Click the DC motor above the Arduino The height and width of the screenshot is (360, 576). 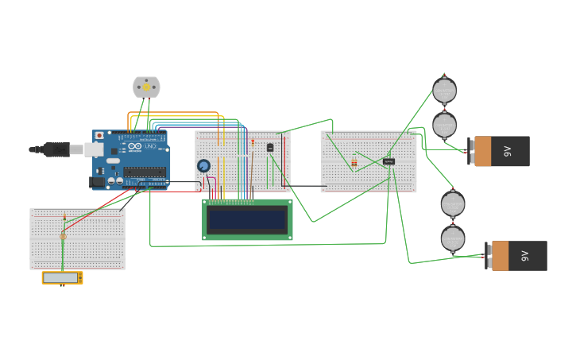(x=146, y=87)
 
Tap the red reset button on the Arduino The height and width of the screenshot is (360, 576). (x=100, y=136)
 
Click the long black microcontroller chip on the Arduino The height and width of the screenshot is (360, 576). (x=145, y=172)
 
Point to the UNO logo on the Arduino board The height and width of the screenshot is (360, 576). (x=149, y=146)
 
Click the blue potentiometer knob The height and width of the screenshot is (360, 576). (x=203, y=165)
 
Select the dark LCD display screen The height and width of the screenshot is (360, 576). (x=247, y=220)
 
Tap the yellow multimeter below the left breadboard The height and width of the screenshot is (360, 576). (x=62, y=277)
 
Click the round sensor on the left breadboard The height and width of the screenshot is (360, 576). (x=63, y=236)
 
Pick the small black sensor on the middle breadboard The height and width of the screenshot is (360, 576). (x=270, y=147)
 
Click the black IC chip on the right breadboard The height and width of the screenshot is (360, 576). (x=389, y=161)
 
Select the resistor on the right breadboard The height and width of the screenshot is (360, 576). (x=354, y=163)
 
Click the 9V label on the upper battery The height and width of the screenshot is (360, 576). (x=508, y=151)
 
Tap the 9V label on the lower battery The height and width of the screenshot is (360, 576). (x=524, y=256)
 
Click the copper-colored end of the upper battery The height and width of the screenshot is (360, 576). (x=482, y=151)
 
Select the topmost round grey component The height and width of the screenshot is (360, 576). (x=444, y=90)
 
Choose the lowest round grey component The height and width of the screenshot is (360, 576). (x=453, y=238)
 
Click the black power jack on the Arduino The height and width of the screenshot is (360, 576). (x=97, y=182)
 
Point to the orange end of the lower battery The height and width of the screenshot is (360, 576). (x=500, y=256)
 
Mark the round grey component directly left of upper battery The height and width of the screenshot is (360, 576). (x=444, y=125)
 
